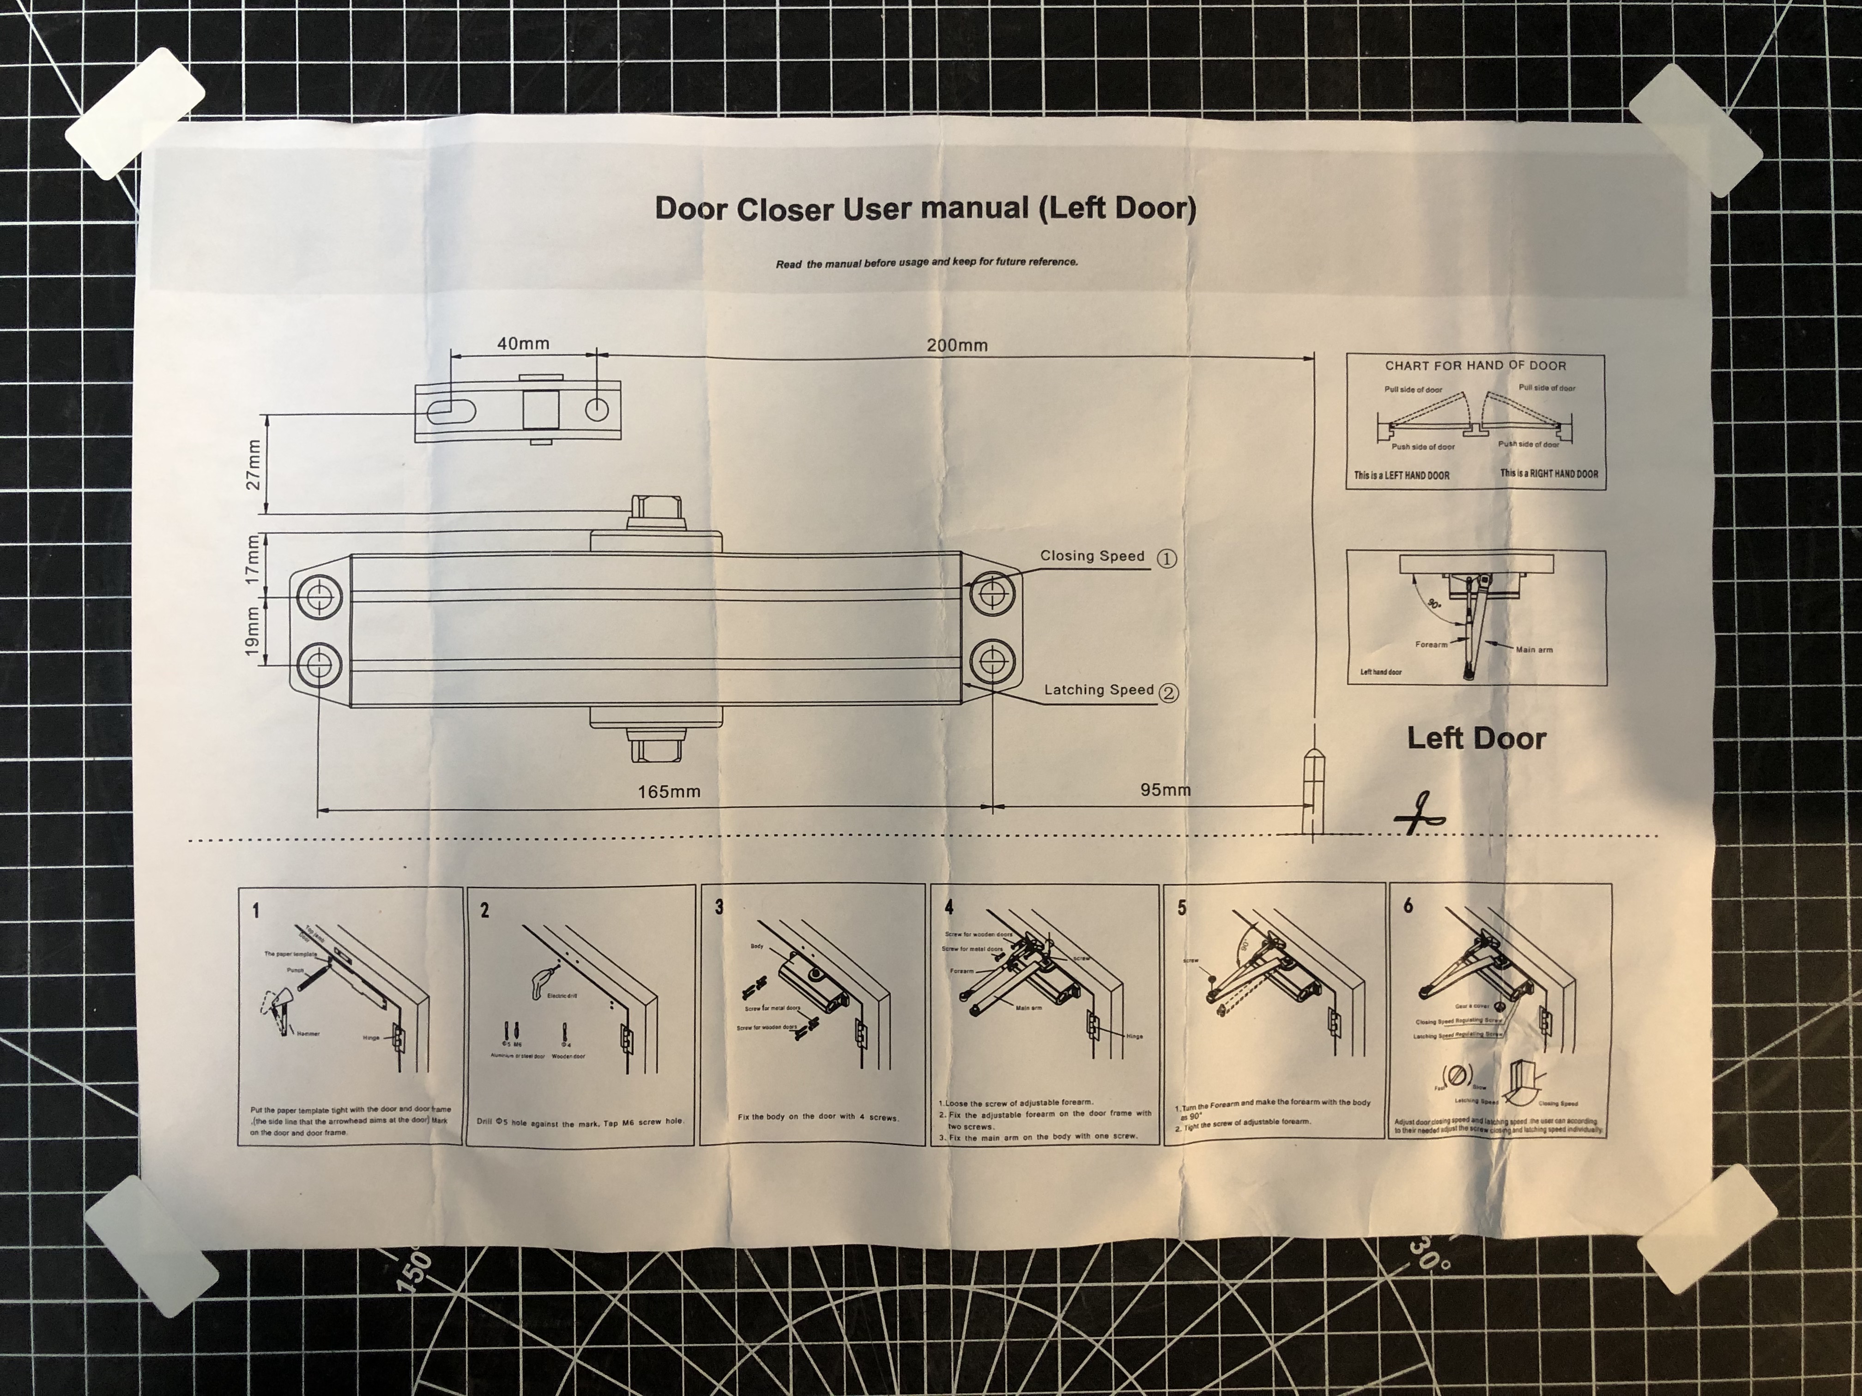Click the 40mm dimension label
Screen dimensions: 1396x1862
pos(523,343)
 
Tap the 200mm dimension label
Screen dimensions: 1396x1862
pos(957,345)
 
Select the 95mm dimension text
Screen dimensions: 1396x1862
pos(1165,789)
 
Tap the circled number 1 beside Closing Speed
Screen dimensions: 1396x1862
pos(1166,559)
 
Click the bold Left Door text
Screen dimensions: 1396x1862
pos(1476,739)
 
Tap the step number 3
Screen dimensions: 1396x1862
pos(719,907)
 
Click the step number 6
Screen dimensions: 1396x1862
pos(1409,905)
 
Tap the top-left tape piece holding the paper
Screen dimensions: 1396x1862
pos(135,126)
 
